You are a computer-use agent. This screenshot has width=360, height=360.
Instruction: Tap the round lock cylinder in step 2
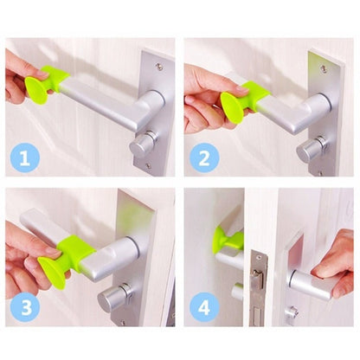[312, 150]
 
